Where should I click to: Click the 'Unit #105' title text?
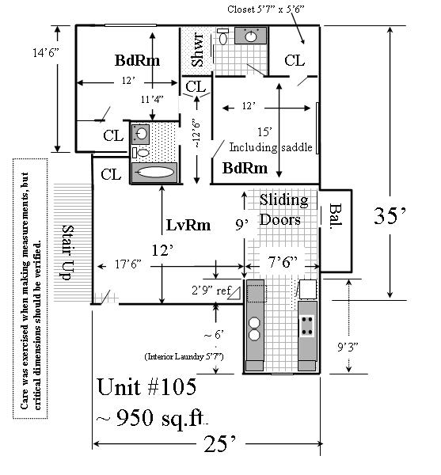[147, 387]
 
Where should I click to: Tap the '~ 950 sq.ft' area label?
[152, 418]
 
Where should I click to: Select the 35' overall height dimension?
[390, 216]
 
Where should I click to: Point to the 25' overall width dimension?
[220, 444]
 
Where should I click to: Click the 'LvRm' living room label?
[188, 225]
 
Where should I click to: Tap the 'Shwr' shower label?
[198, 50]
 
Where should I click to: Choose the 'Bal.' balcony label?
[336, 216]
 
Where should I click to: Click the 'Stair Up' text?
[68, 253]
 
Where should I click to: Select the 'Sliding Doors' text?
[284, 210]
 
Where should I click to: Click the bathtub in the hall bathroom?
[154, 173]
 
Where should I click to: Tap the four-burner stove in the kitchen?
[307, 326]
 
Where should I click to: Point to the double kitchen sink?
[254, 329]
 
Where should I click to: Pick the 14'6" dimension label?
[46, 53]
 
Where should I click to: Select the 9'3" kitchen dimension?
[348, 348]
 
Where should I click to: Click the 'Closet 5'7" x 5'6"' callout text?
[266, 9]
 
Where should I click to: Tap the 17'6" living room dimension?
[128, 264]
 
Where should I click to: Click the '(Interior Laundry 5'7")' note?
[184, 356]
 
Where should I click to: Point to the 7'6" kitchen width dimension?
[283, 262]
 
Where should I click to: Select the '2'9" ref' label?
[211, 291]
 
